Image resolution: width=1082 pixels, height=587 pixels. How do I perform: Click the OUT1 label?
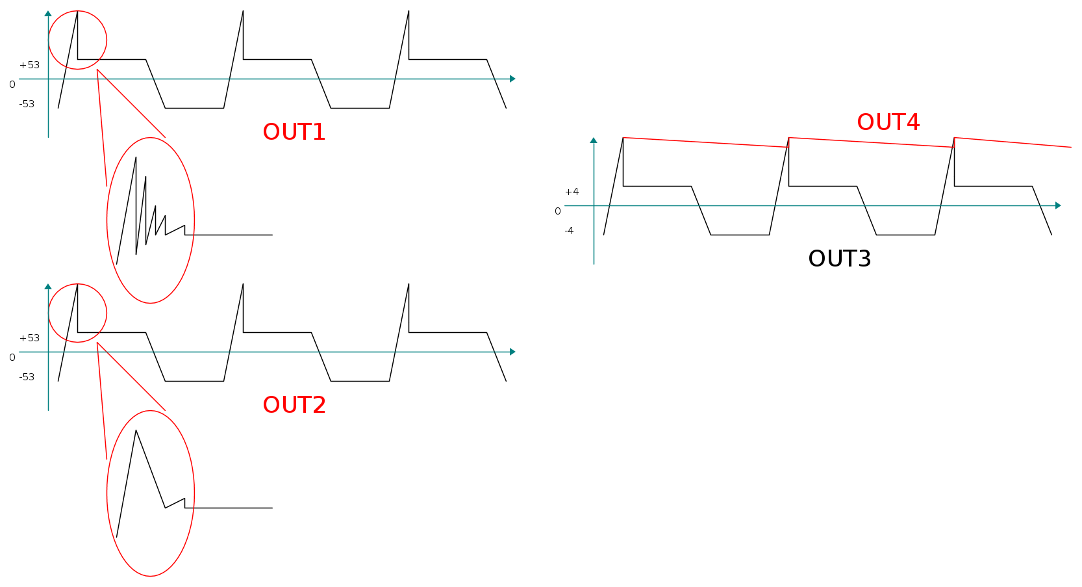294,132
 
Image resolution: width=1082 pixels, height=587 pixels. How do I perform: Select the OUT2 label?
294,405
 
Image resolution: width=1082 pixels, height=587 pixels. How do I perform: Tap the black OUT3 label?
840,259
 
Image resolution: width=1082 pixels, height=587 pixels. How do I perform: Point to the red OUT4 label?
888,122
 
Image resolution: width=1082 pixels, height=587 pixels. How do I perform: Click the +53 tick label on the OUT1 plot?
29,65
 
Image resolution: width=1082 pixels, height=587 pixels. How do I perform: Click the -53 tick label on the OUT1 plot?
27,104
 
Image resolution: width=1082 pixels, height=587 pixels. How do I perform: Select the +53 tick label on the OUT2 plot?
29,338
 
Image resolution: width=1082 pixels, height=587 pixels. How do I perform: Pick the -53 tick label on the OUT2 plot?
27,377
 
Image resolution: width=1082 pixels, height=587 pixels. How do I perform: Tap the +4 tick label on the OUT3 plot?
572,192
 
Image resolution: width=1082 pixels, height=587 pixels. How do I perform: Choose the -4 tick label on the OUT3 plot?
569,231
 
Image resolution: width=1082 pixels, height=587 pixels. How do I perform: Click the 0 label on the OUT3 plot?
557,211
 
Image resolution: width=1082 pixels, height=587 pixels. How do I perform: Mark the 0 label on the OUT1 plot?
12,85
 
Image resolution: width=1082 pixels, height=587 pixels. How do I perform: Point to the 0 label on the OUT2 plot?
12,358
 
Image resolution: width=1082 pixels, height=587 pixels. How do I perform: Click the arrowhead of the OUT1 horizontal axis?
512,79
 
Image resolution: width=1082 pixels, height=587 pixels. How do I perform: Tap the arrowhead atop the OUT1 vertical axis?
48,14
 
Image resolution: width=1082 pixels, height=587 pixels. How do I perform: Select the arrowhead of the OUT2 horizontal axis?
512,352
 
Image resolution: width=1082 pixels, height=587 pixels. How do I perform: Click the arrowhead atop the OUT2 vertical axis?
48,287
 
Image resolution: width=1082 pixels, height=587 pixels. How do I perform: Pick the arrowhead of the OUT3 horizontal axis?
1058,205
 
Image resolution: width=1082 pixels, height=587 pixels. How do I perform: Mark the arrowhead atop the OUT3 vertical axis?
594,140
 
